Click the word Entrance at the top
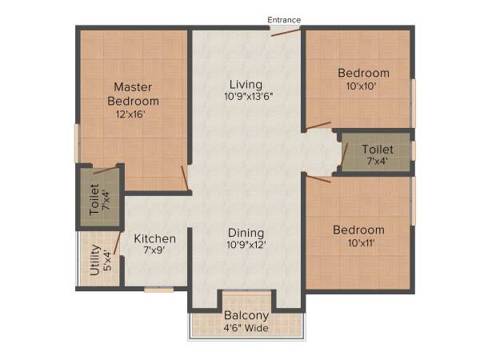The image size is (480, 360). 284,18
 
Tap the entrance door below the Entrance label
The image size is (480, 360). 285,31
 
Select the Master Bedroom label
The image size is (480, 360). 133,94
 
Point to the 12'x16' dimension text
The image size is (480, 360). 133,114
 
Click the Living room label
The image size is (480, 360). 246,84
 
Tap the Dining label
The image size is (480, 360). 246,232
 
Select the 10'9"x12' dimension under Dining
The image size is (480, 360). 246,246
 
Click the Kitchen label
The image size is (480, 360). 154,238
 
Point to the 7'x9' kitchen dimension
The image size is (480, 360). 154,251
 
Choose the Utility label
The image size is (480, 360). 95,260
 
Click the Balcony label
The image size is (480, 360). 246,315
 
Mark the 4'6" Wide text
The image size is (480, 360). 246,327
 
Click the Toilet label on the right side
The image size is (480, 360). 377,150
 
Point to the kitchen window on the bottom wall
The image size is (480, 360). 159,290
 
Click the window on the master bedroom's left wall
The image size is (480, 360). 77,143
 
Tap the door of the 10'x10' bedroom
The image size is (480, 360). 318,126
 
